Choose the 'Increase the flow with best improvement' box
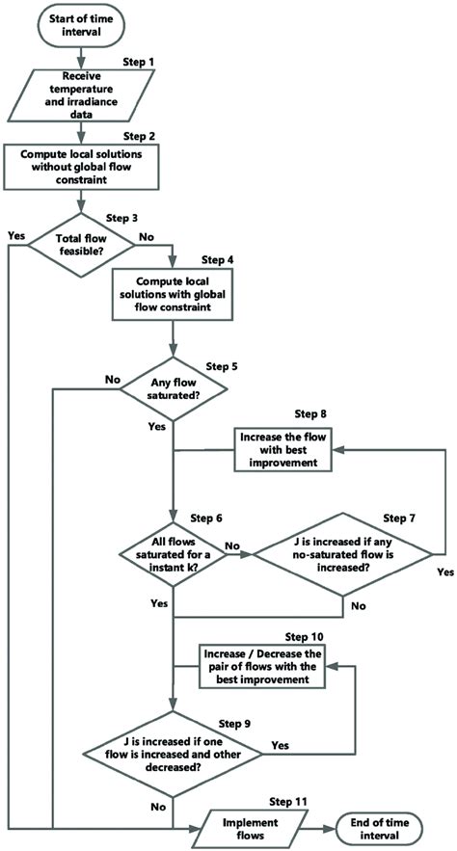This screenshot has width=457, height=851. (x=286, y=449)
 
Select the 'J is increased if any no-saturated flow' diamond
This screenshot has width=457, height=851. (x=340, y=554)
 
